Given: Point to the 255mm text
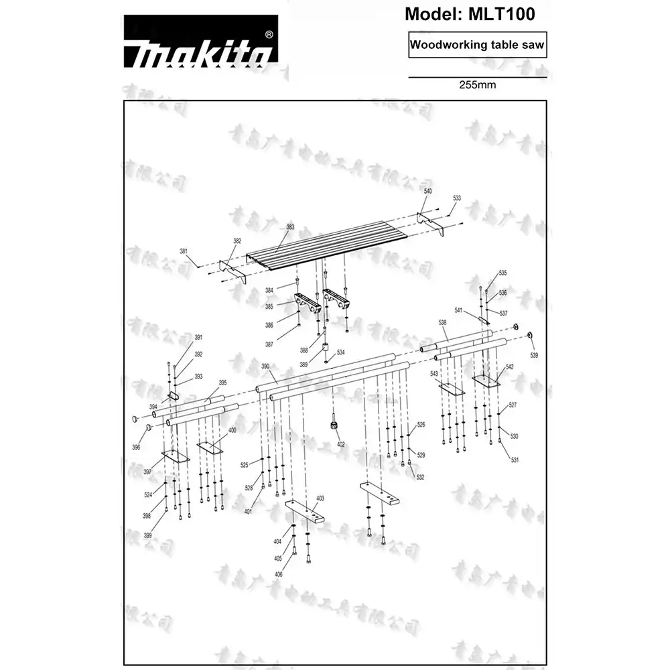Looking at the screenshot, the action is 477,85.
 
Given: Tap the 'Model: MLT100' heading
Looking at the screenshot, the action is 470,13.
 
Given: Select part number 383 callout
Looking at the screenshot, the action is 290,227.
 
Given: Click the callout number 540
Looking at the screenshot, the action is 428,191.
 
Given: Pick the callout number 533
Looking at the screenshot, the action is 457,198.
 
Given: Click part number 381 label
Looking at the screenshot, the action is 184,251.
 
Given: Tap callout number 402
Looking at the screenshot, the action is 341,444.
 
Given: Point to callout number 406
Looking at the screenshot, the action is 278,575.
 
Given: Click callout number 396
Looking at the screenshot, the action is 136,447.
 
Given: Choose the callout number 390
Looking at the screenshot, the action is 265,366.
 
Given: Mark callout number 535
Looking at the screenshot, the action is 503,273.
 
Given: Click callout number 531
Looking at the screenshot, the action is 515,460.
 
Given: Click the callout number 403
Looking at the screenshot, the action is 320,498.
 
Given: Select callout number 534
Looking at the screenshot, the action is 341,352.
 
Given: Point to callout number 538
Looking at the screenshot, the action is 443,323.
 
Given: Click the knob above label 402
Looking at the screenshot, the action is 332,425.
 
